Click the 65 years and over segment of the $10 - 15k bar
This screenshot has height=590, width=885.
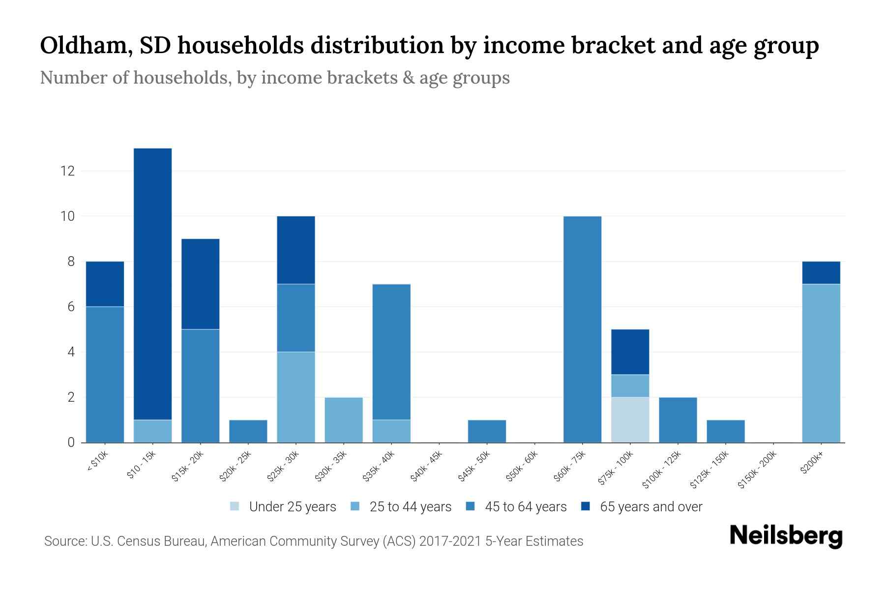152,284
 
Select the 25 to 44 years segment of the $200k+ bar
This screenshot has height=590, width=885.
821,363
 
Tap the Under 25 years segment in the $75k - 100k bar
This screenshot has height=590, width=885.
630,419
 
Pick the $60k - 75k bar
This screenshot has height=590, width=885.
582,329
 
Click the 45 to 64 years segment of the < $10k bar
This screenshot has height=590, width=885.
105,374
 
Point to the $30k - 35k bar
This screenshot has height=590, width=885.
344,419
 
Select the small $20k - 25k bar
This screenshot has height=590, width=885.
248,431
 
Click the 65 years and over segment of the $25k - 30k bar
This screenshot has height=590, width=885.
296,250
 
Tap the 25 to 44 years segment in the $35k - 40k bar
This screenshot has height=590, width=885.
391,431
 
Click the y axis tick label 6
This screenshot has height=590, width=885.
71,307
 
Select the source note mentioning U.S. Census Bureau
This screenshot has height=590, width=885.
313,541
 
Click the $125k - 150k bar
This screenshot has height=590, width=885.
725,431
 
